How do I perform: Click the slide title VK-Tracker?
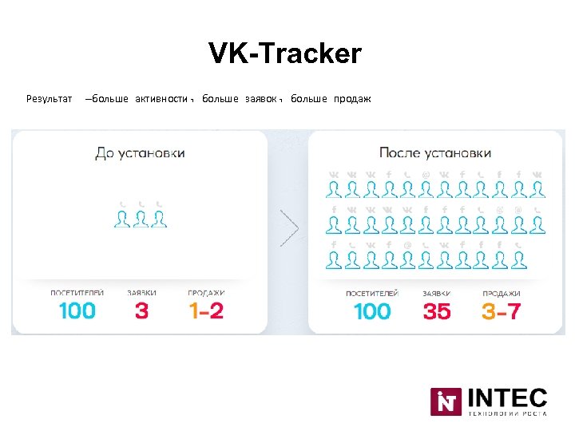point(285,54)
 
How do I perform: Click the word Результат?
point(49,99)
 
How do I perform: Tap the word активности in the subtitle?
point(163,99)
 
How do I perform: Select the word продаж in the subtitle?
point(352,99)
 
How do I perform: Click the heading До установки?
point(140,152)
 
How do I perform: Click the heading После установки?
point(435,152)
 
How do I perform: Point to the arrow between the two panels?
point(289,229)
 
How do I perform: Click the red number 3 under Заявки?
point(141,310)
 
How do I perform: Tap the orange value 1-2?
point(206,310)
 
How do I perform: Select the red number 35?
point(437,310)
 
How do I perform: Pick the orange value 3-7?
point(501,310)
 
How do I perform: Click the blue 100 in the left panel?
point(77,310)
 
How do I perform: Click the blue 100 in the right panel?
point(372,310)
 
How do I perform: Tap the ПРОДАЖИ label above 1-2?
point(206,293)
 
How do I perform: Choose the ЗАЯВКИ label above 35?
point(437,294)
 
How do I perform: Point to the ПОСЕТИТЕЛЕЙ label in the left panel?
point(77,293)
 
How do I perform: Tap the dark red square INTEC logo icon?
point(446,401)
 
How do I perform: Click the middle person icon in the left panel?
point(141,219)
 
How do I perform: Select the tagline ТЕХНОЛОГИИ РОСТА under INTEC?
point(507,413)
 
